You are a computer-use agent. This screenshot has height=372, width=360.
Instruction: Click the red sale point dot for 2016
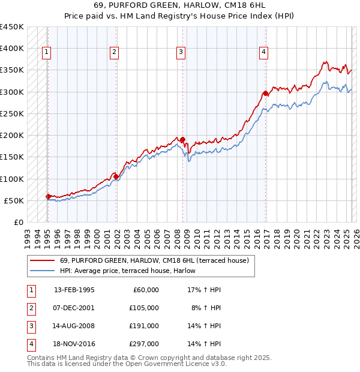265,94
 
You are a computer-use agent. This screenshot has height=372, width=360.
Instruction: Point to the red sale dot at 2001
116,176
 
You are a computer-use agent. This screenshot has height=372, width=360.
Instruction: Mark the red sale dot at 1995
48,196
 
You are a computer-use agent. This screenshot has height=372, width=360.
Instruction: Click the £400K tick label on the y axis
12,49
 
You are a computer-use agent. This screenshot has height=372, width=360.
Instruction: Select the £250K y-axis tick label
12,113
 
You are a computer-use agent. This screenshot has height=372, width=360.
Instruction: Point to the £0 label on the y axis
18,222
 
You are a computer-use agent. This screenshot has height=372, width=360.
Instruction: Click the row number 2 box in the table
31,308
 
